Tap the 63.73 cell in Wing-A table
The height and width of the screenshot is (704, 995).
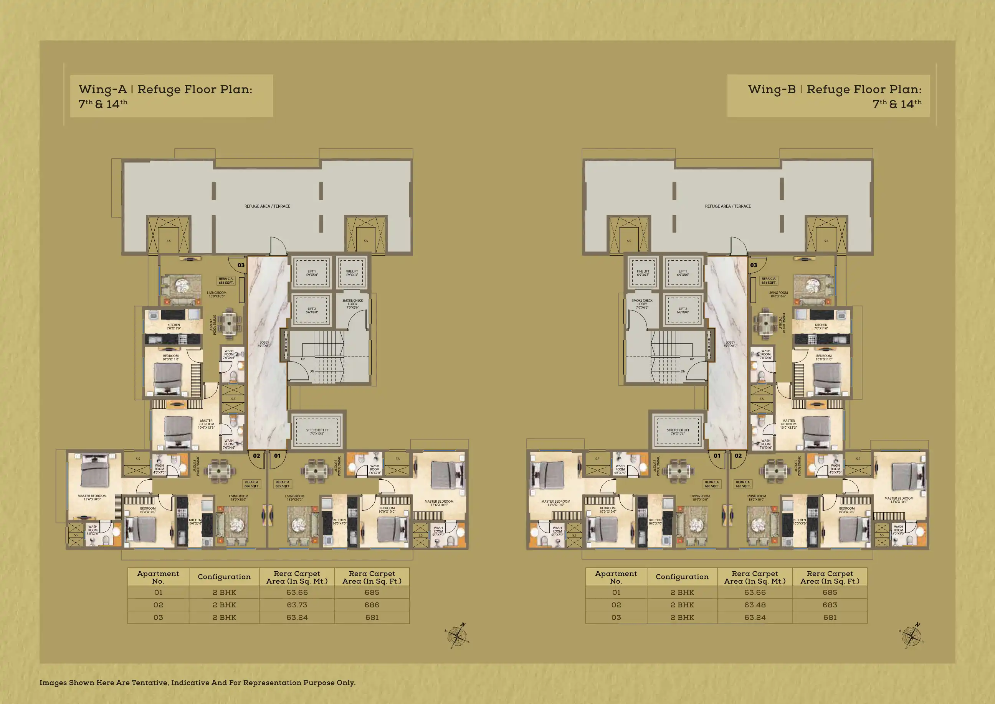pyautogui.click(x=297, y=605)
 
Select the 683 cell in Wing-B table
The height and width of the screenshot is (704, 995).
pyautogui.click(x=830, y=605)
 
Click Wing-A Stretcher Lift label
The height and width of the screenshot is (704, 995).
pyautogui.click(x=317, y=432)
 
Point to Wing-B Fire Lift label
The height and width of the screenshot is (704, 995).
pyautogui.click(x=643, y=273)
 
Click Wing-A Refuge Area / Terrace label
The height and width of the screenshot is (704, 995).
pyautogui.click(x=267, y=206)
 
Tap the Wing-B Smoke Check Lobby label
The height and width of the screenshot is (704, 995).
pyautogui.click(x=642, y=304)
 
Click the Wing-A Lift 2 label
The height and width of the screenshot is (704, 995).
pyautogui.click(x=312, y=310)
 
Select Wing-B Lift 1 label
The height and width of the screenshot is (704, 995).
pyautogui.click(x=683, y=273)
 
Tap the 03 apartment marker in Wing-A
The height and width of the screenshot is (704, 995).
pyautogui.click(x=241, y=265)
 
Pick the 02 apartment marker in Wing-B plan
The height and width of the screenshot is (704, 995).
pyautogui.click(x=738, y=456)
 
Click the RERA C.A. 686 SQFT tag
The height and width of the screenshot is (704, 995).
pyautogui.click(x=252, y=484)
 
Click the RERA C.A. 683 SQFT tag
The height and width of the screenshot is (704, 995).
pyautogui.click(x=743, y=484)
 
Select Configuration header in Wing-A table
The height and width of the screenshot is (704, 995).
pyautogui.click(x=224, y=577)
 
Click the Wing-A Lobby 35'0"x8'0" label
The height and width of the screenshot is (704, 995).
pyautogui.click(x=264, y=344)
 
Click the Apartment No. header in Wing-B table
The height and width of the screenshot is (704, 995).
pyautogui.click(x=616, y=577)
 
